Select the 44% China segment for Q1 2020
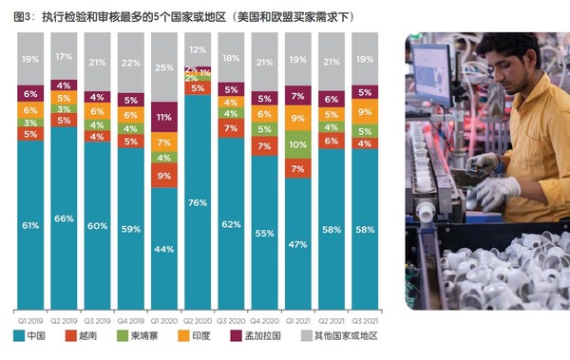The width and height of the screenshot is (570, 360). click(x=164, y=249)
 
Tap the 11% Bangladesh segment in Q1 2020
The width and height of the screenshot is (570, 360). click(x=164, y=117)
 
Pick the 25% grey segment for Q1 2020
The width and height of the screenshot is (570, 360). click(x=164, y=66)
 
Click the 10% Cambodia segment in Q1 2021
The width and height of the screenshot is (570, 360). click(x=298, y=144)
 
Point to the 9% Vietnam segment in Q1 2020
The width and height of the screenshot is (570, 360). click(x=164, y=176)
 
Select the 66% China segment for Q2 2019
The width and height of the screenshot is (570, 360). click(x=64, y=218)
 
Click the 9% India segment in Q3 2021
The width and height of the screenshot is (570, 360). click(x=365, y=112)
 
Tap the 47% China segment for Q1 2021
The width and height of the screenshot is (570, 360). click(x=298, y=244)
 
